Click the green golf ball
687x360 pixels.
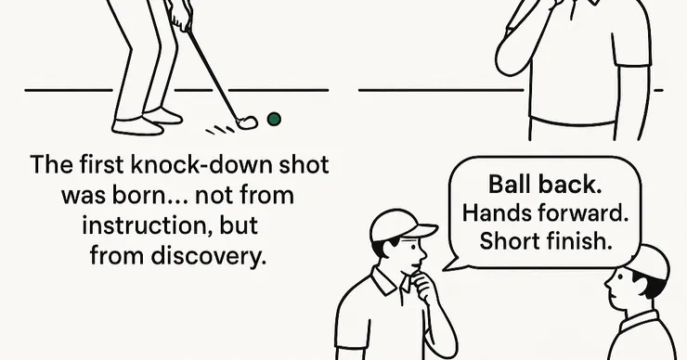point(274,119)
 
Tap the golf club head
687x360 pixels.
point(247,122)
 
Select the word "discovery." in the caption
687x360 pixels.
point(209,256)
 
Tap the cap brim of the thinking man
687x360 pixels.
point(421,231)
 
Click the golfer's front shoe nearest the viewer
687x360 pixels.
point(137,126)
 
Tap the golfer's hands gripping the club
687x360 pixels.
point(180,19)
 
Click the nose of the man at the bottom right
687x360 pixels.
point(607,285)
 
